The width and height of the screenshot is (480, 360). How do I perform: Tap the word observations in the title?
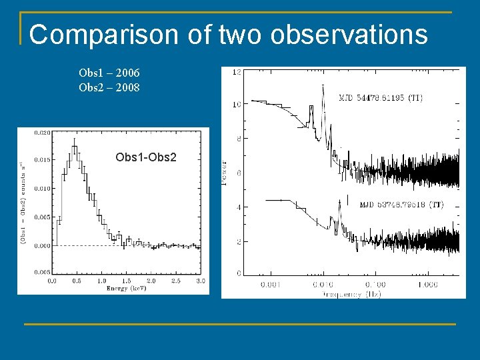coord(349,35)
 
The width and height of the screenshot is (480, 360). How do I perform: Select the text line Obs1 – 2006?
coord(109,73)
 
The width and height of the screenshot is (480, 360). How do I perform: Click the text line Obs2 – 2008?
coord(109,87)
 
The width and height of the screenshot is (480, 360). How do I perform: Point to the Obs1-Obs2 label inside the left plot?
coord(146,157)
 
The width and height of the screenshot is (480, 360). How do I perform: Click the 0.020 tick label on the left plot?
coord(41,133)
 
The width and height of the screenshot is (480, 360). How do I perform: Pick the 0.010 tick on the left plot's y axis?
coord(41,189)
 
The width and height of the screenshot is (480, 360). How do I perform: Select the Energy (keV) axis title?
coord(126,289)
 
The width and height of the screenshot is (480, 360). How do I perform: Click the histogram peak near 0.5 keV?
coord(74,141)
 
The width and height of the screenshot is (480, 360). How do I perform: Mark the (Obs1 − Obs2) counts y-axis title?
coord(24,203)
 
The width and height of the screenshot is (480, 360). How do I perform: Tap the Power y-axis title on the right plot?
coord(225,172)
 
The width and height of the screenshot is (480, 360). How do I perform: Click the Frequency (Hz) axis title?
coord(351,294)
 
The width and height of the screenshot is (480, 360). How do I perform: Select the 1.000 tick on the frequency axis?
coord(428,285)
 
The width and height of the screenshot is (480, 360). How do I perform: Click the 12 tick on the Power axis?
coord(236,71)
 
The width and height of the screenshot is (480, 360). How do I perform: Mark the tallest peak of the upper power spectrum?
coord(323,87)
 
